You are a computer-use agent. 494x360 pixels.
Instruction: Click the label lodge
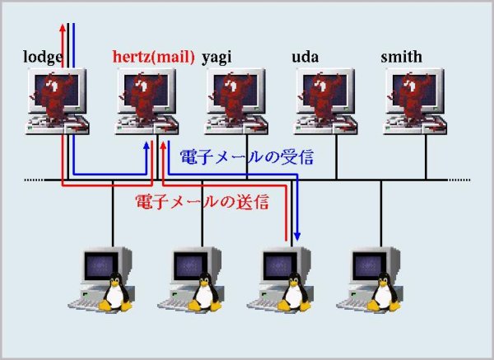coord(43,58)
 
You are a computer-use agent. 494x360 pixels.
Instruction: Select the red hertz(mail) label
coord(153,57)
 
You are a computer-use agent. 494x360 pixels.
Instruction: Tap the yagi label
coord(217,58)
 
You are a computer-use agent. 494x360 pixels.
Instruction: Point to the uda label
coord(305,57)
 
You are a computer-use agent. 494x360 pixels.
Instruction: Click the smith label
coord(402,57)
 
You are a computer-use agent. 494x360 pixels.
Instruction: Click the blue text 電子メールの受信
coord(247,157)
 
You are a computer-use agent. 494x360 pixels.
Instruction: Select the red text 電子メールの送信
coord(202,202)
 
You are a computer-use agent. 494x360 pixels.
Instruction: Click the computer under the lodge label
coord(57,101)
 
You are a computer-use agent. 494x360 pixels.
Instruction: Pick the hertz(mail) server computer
coord(147,101)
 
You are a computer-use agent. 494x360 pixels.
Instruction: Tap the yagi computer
coord(236,101)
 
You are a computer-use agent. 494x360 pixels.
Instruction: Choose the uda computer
coord(325,101)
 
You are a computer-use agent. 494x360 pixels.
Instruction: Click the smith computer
coord(415,101)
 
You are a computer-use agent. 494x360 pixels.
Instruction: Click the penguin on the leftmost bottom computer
coord(115,292)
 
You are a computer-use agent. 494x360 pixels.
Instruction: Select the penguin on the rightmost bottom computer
coord(384,292)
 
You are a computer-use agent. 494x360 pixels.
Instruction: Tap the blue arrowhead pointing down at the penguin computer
coord(296,236)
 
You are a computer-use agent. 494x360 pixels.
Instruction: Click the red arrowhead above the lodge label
coord(63,27)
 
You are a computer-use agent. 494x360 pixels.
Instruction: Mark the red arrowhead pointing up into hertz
coord(163,145)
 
